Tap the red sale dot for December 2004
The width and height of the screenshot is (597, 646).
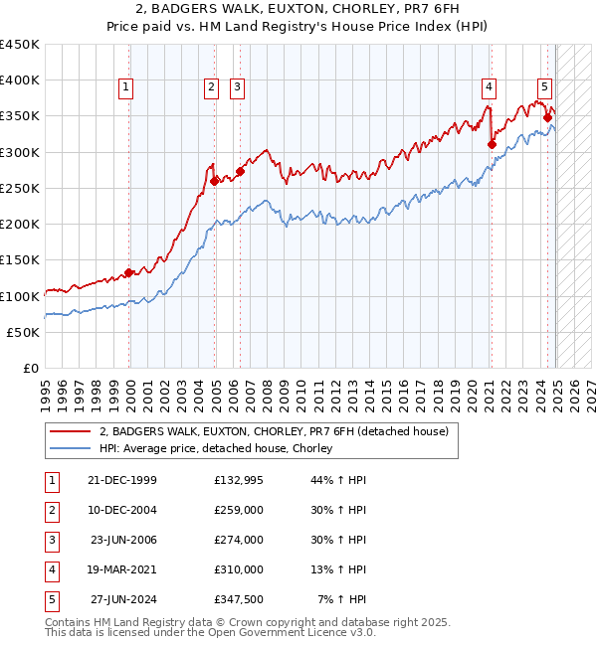pos(215,181)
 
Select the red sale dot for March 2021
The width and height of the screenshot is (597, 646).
pos(492,144)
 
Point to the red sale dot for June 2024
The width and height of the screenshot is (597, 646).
pos(548,117)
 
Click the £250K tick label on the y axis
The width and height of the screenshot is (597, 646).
pos(20,188)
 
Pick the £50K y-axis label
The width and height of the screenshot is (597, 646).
pos(24,332)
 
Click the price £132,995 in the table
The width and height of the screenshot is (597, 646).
pos(239,480)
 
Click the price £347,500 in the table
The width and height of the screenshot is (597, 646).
pos(239,599)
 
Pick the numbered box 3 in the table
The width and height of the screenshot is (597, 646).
pos(51,540)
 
